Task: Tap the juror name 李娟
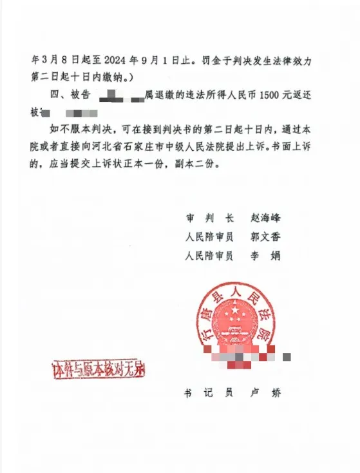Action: (x=265, y=256)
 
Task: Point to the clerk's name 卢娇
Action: (x=265, y=392)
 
